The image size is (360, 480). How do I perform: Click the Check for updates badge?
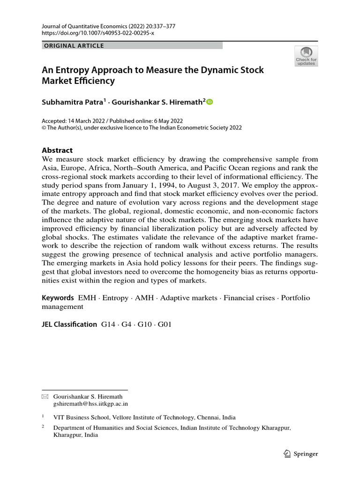click(306, 56)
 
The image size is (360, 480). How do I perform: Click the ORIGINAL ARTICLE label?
click(73, 45)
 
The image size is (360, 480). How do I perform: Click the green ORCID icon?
click(209, 102)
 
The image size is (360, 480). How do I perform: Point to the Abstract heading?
click(57, 150)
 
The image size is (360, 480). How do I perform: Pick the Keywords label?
click(58, 298)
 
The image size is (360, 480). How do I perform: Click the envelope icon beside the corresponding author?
click(45, 396)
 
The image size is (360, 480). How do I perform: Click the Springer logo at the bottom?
click(301, 454)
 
